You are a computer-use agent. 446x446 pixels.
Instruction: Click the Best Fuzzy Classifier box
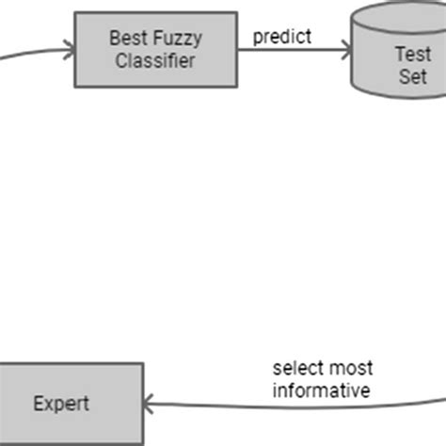(x=155, y=50)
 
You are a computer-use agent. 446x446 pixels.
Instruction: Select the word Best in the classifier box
(x=126, y=40)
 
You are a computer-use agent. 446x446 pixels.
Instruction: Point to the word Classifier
(x=155, y=60)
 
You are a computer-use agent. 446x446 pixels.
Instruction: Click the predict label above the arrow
(x=281, y=38)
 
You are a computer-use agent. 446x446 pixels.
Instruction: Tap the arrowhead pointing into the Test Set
(x=343, y=51)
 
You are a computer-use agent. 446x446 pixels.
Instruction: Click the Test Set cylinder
(x=400, y=56)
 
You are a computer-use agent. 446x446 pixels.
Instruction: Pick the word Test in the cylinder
(x=411, y=56)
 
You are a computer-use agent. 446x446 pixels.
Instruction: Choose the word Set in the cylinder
(x=412, y=76)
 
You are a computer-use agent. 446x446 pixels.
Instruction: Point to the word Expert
(x=61, y=404)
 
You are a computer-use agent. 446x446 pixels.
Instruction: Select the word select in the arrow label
(x=295, y=368)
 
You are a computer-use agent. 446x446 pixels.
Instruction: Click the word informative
(x=321, y=390)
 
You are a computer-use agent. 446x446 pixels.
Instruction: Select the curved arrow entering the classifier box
(x=33, y=51)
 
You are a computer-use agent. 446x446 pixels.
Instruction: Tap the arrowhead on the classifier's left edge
(x=69, y=50)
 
